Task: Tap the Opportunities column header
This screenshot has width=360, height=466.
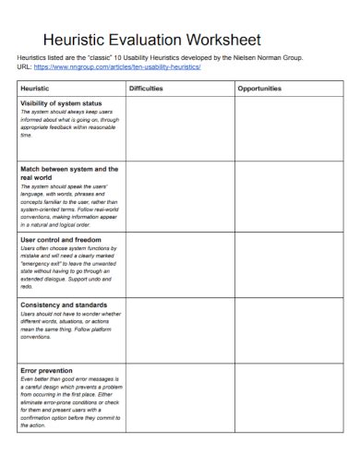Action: (x=260, y=89)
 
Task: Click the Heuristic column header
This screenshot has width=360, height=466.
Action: (x=36, y=89)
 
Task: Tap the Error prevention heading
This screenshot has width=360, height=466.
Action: (x=47, y=370)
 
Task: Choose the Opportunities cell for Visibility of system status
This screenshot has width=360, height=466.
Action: (x=287, y=129)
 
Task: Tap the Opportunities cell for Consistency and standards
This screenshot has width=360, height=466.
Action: (x=287, y=329)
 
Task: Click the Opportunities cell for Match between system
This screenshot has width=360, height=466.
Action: (x=287, y=197)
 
